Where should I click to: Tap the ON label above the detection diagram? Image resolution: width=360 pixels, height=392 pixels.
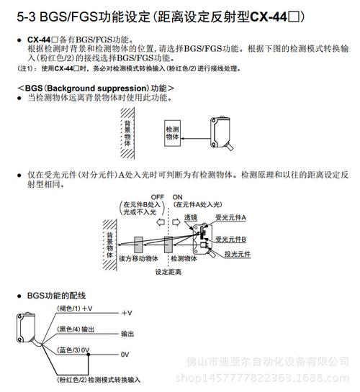178,196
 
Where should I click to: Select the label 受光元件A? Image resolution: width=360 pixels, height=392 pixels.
230,216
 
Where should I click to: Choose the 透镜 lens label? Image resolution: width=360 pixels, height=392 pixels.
191,216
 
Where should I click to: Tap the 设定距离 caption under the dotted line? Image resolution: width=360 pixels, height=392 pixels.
168,272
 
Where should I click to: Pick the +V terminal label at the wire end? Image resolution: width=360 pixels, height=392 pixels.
127,313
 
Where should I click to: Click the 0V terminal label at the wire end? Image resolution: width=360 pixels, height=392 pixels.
125,355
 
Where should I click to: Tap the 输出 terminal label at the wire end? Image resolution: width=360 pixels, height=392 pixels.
127,334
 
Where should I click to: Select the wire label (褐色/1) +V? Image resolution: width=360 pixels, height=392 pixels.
75,308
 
